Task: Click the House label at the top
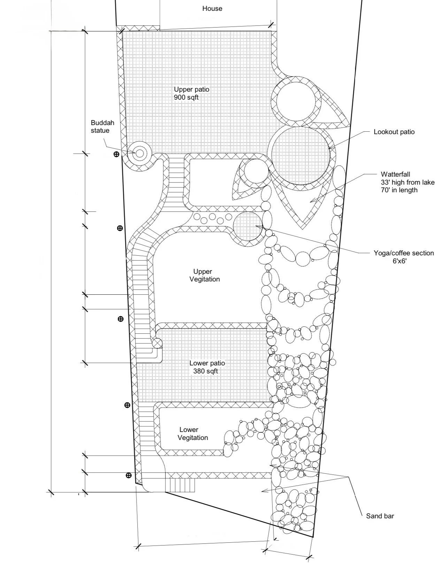(212, 8)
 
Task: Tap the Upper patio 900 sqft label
(191, 93)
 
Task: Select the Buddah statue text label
(102, 126)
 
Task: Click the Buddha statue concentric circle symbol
(139, 153)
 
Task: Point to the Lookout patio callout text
(394, 132)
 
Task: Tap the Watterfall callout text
(395, 174)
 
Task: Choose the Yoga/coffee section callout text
(404, 253)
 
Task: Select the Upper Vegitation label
(205, 275)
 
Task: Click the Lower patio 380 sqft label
(207, 367)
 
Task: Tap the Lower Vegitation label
(193, 434)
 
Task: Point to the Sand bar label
(380, 516)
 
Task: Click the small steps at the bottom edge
(182, 485)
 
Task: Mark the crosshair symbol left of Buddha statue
(116, 154)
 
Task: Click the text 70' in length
(399, 190)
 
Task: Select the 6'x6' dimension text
(399, 261)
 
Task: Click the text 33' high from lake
(407, 182)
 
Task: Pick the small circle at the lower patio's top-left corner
(157, 343)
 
